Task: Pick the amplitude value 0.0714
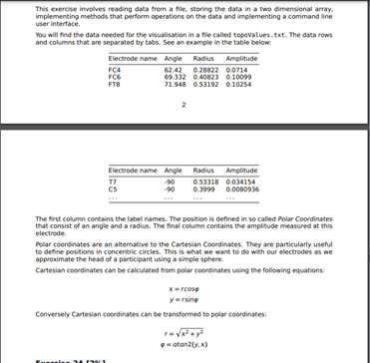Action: pyautogui.click(x=234, y=70)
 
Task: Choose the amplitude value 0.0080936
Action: pyautogui.click(x=242, y=188)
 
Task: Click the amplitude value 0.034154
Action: pyautogui.click(x=239, y=181)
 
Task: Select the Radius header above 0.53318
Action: pyautogui.click(x=202, y=171)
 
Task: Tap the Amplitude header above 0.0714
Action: pyautogui.click(x=240, y=59)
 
